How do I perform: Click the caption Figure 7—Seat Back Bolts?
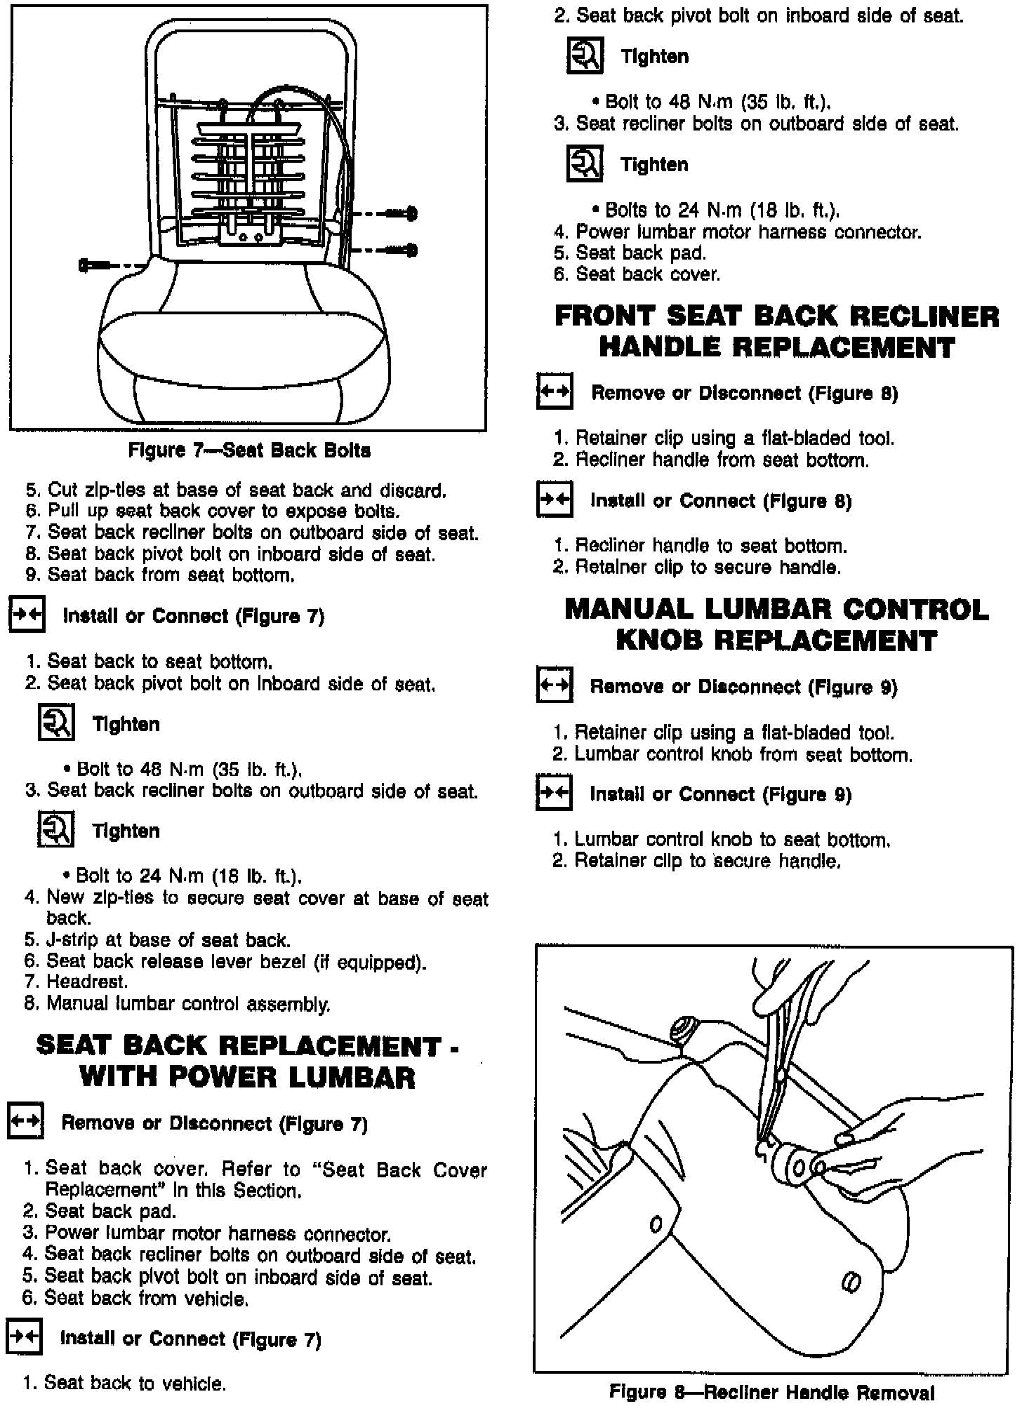[x=249, y=450]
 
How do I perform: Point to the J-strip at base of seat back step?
[x=158, y=940]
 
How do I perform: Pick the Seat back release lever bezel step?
[x=225, y=962]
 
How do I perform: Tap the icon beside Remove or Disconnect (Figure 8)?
[x=555, y=391]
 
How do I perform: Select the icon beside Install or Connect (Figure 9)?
[x=554, y=793]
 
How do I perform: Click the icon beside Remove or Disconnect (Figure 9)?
[x=555, y=685]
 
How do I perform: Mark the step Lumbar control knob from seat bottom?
[x=733, y=755]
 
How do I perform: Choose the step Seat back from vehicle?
[x=135, y=1299]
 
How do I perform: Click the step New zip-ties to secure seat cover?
[x=256, y=899]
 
